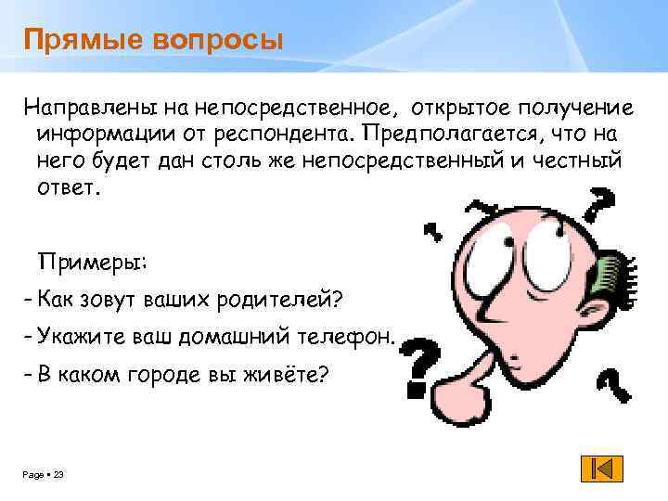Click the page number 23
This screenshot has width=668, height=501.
[x=58, y=475]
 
